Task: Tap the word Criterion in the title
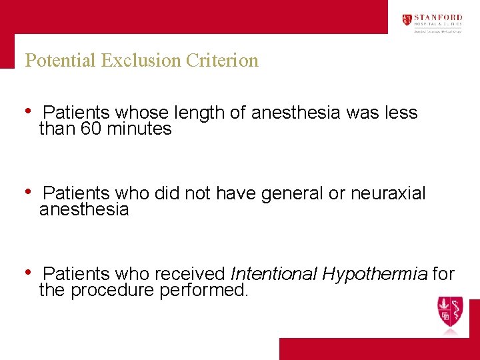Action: [x=222, y=61]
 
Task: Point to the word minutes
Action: [x=139, y=129]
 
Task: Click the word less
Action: [x=401, y=113]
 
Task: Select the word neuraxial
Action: [x=388, y=194]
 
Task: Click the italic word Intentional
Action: [x=273, y=274]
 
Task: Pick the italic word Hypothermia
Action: [x=375, y=274]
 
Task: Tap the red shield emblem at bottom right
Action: [x=449, y=312]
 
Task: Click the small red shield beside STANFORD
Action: [x=407, y=20]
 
